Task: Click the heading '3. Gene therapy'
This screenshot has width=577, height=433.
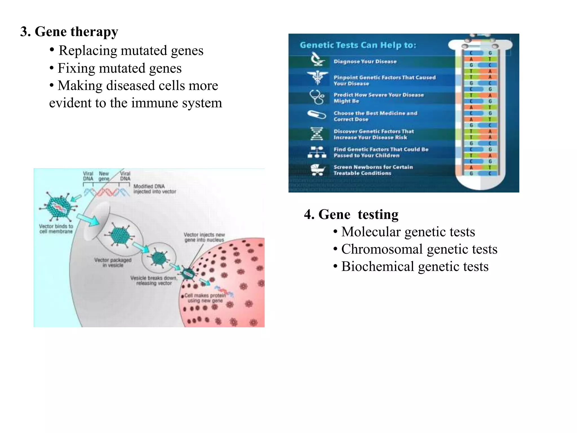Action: (69, 32)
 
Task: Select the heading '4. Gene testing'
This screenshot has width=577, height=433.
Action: (351, 215)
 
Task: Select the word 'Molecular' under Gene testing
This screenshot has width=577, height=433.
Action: (371, 232)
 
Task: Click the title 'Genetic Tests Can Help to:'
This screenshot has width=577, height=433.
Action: (358, 45)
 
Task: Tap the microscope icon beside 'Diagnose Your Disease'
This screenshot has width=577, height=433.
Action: (318, 60)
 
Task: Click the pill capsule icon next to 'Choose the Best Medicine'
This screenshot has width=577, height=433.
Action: (316, 115)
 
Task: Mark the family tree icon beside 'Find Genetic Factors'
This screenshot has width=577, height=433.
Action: (317, 152)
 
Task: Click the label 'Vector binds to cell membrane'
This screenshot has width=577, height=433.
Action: (56, 229)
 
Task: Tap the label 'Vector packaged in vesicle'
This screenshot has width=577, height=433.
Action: (113, 262)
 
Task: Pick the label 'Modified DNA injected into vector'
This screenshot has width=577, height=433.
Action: (154, 189)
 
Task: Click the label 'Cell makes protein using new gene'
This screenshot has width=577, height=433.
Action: (205, 298)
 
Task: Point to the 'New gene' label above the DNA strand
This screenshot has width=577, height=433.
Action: (104, 176)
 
